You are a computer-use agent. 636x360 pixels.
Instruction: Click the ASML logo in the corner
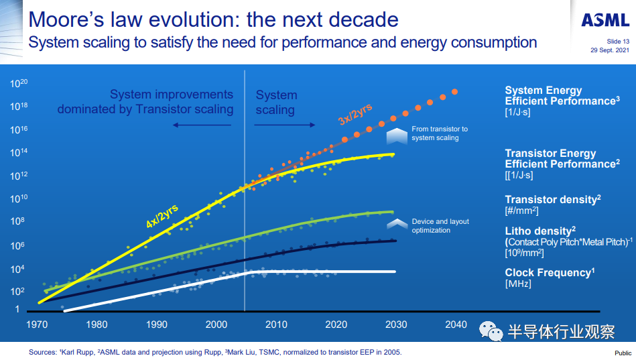(x=605, y=20)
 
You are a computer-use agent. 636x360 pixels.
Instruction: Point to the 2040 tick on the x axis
(x=456, y=324)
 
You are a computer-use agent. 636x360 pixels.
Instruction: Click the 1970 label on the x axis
(x=37, y=324)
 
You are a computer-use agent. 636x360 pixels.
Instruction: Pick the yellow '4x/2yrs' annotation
(x=162, y=217)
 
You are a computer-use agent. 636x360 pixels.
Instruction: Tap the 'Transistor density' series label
(x=551, y=200)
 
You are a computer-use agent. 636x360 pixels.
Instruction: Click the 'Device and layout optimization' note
(x=440, y=226)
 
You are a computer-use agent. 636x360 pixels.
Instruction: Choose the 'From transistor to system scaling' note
(x=440, y=133)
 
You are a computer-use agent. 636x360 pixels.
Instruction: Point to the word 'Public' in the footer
(x=623, y=353)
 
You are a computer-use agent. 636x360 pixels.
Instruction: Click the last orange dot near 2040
(x=455, y=92)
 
